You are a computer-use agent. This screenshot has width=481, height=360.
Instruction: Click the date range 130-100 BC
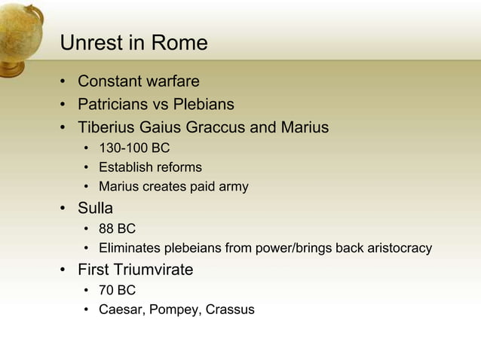134,148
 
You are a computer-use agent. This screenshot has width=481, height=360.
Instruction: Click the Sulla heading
95,208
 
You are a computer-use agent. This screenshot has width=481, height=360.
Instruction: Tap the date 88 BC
117,229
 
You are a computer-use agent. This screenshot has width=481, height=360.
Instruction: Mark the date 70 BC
117,290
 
